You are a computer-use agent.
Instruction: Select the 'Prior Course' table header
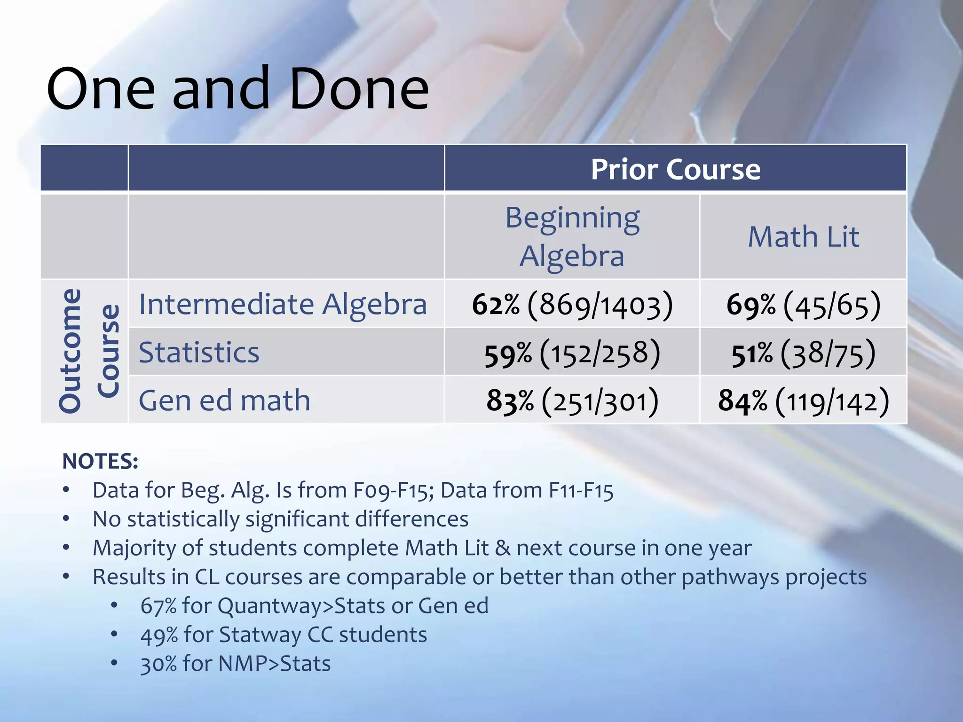click(x=675, y=169)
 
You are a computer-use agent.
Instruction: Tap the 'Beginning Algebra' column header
click(x=572, y=236)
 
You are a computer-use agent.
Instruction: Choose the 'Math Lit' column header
click(x=803, y=236)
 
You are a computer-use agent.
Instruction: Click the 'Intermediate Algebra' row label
click(x=283, y=304)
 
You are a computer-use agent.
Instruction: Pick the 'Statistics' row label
click(x=199, y=353)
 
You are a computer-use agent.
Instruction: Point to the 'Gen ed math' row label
click(x=224, y=400)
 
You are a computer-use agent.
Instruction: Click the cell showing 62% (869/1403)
click(x=572, y=305)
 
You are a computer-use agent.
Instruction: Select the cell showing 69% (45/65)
click(x=803, y=305)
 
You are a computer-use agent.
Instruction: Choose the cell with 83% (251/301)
click(x=572, y=401)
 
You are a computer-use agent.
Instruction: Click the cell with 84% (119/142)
click(x=803, y=401)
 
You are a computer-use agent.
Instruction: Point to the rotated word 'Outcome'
click(x=71, y=351)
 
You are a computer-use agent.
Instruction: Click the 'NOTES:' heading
click(x=100, y=461)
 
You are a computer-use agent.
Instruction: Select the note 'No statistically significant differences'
click(x=280, y=519)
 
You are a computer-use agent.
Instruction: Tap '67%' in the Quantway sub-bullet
click(x=158, y=606)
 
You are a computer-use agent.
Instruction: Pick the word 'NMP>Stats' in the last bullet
click(x=275, y=664)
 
